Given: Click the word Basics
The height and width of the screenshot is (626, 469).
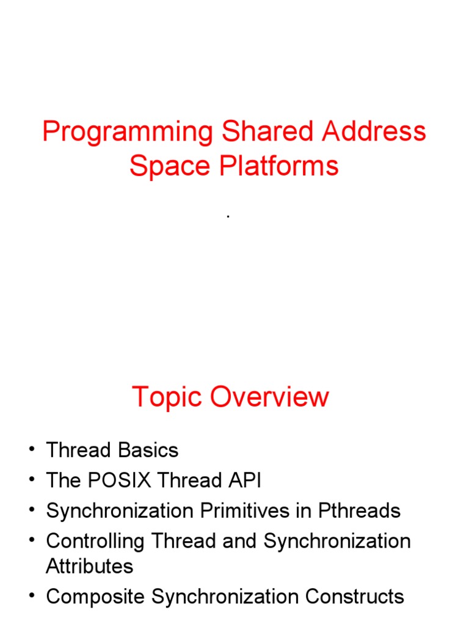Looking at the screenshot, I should (149, 451).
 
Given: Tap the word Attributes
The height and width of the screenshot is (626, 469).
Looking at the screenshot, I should (89, 566).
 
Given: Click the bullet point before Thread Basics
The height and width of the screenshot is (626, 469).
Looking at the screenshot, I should (31, 451).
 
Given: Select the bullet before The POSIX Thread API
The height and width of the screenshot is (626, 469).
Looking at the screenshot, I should (31, 481).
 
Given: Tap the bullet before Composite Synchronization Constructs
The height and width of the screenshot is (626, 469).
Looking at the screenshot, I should (31, 597).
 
